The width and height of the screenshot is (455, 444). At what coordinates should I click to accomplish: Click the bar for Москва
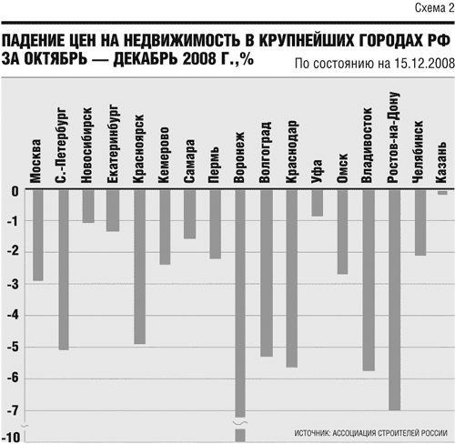click(38, 235)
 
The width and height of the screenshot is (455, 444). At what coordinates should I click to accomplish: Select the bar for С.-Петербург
click(64, 269)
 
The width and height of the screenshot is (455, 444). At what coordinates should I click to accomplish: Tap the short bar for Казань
click(442, 193)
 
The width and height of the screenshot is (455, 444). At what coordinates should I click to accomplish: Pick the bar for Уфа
click(318, 203)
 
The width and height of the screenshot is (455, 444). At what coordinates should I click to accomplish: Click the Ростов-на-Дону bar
click(394, 299)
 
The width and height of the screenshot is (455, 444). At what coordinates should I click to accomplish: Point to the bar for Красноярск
click(139, 267)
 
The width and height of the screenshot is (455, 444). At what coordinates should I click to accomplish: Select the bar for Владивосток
click(369, 279)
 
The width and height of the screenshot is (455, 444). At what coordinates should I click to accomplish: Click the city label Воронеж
click(239, 157)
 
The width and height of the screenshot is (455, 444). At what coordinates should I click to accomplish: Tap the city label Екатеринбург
click(113, 144)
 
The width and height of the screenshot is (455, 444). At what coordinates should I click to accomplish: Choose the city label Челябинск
click(418, 152)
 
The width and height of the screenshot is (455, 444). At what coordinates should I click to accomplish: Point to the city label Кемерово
click(164, 155)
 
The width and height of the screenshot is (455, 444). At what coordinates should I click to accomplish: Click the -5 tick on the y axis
click(13, 348)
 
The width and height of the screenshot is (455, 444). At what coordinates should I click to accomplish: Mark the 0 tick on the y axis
click(15, 191)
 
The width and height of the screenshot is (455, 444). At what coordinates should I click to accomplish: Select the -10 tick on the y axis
click(11, 438)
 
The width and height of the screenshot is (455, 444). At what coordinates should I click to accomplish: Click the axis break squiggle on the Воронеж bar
click(240, 422)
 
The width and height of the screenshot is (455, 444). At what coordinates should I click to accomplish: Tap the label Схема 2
click(434, 8)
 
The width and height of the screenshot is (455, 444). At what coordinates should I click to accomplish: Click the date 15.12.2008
click(425, 64)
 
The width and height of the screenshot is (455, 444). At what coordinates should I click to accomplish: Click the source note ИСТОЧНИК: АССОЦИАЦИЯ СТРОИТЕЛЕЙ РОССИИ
click(370, 433)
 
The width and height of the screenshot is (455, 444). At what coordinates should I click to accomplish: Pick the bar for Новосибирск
click(88, 206)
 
